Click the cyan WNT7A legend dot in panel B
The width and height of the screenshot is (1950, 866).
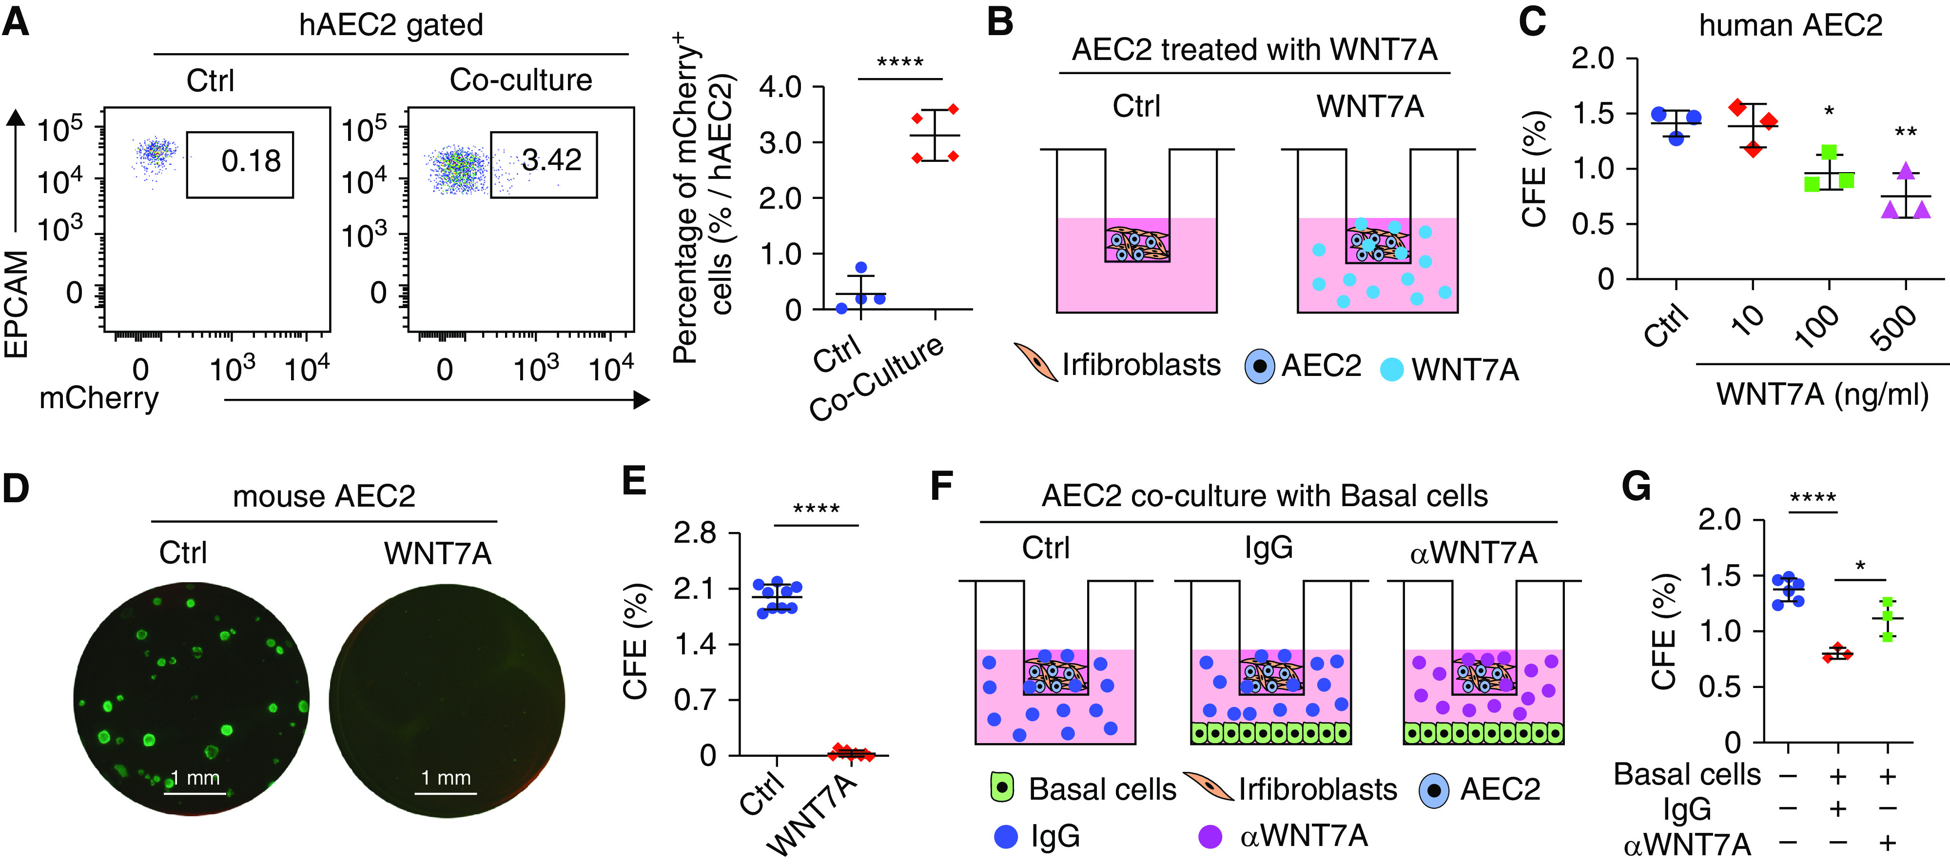pyautogui.click(x=1391, y=370)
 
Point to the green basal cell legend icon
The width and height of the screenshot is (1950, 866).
pyautogui.click(x=1001, y=788)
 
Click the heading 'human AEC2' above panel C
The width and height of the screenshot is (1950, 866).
pyautogui.click(x=1790, y=26)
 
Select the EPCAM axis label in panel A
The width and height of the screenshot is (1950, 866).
pyautogui.click(x=17, y=303)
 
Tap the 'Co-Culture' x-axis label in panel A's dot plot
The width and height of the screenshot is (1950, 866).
pyautogui.click(x=877, y=378)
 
